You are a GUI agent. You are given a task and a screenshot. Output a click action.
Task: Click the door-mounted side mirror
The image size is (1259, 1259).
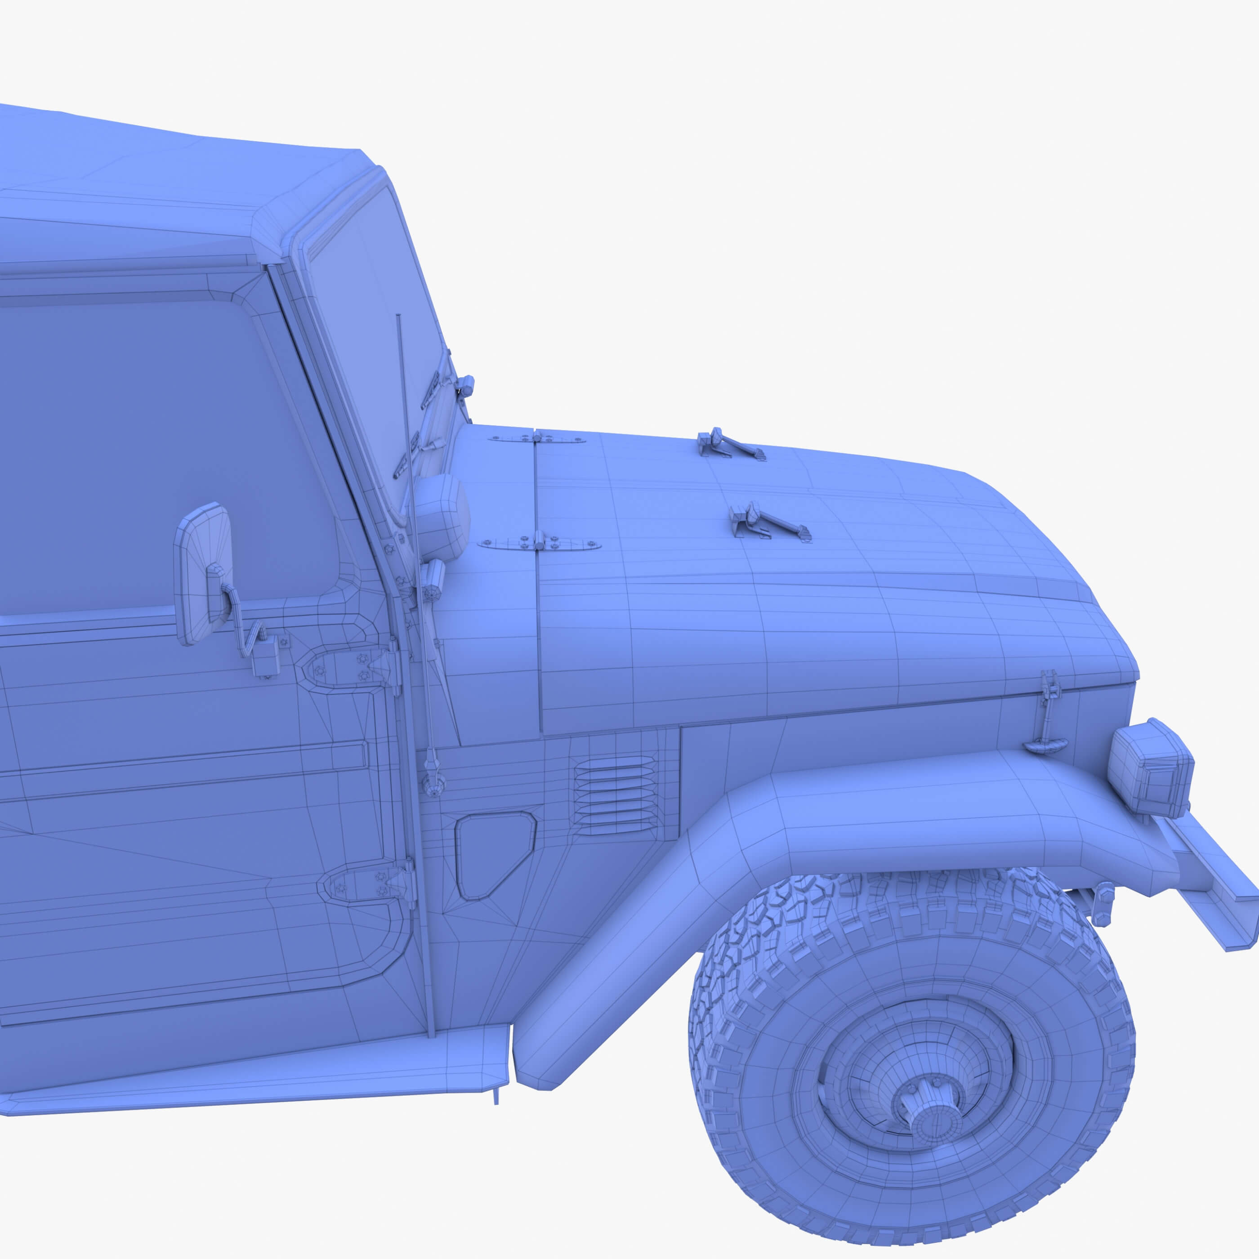pyautogui.click(x=202, y=573)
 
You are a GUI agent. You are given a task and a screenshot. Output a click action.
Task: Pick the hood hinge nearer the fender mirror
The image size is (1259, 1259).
pyautogui.click(x=540, y=542)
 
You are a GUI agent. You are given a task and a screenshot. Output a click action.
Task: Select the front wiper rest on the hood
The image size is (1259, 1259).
pyautogui.click(x=769, y=523)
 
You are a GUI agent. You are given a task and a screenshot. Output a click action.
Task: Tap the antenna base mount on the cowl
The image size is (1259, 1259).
pyautogui.click(x=431, y=779)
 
